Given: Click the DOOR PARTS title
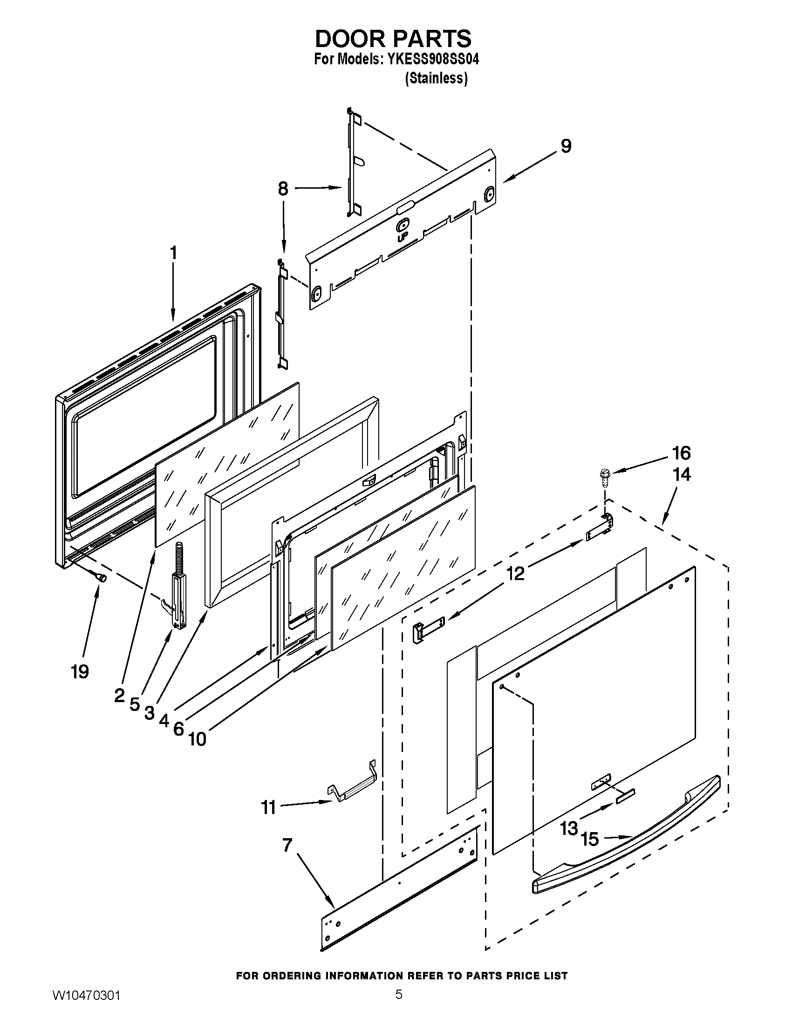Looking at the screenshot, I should [x=393, y=39].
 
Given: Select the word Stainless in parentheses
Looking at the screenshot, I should [x=436, y=78].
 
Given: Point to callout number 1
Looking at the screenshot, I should [x=173, y=253].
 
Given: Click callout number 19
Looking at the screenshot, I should [x=80, y=672].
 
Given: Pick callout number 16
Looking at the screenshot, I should [x=681, y=453].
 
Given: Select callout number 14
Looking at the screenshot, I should [x=682, y=474].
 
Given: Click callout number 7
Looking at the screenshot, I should [x=287, y=845].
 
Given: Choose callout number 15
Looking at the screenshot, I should [x=590, y=839].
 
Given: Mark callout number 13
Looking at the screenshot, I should [x=569, y=828].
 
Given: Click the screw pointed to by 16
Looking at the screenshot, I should [x=605, y=473].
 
